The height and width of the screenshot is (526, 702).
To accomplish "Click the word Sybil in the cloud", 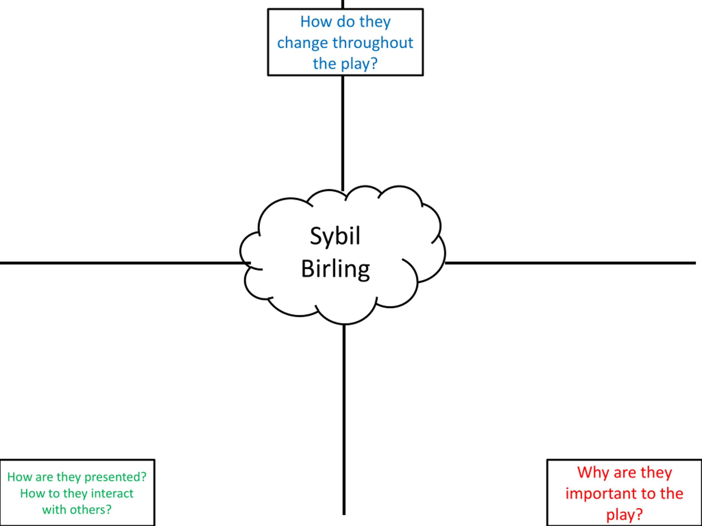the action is [335, 236].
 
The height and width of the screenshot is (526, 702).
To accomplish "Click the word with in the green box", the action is [52, 510].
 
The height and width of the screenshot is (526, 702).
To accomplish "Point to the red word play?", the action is [624, 514].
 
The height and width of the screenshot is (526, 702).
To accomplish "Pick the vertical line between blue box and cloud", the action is [343, 133].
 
